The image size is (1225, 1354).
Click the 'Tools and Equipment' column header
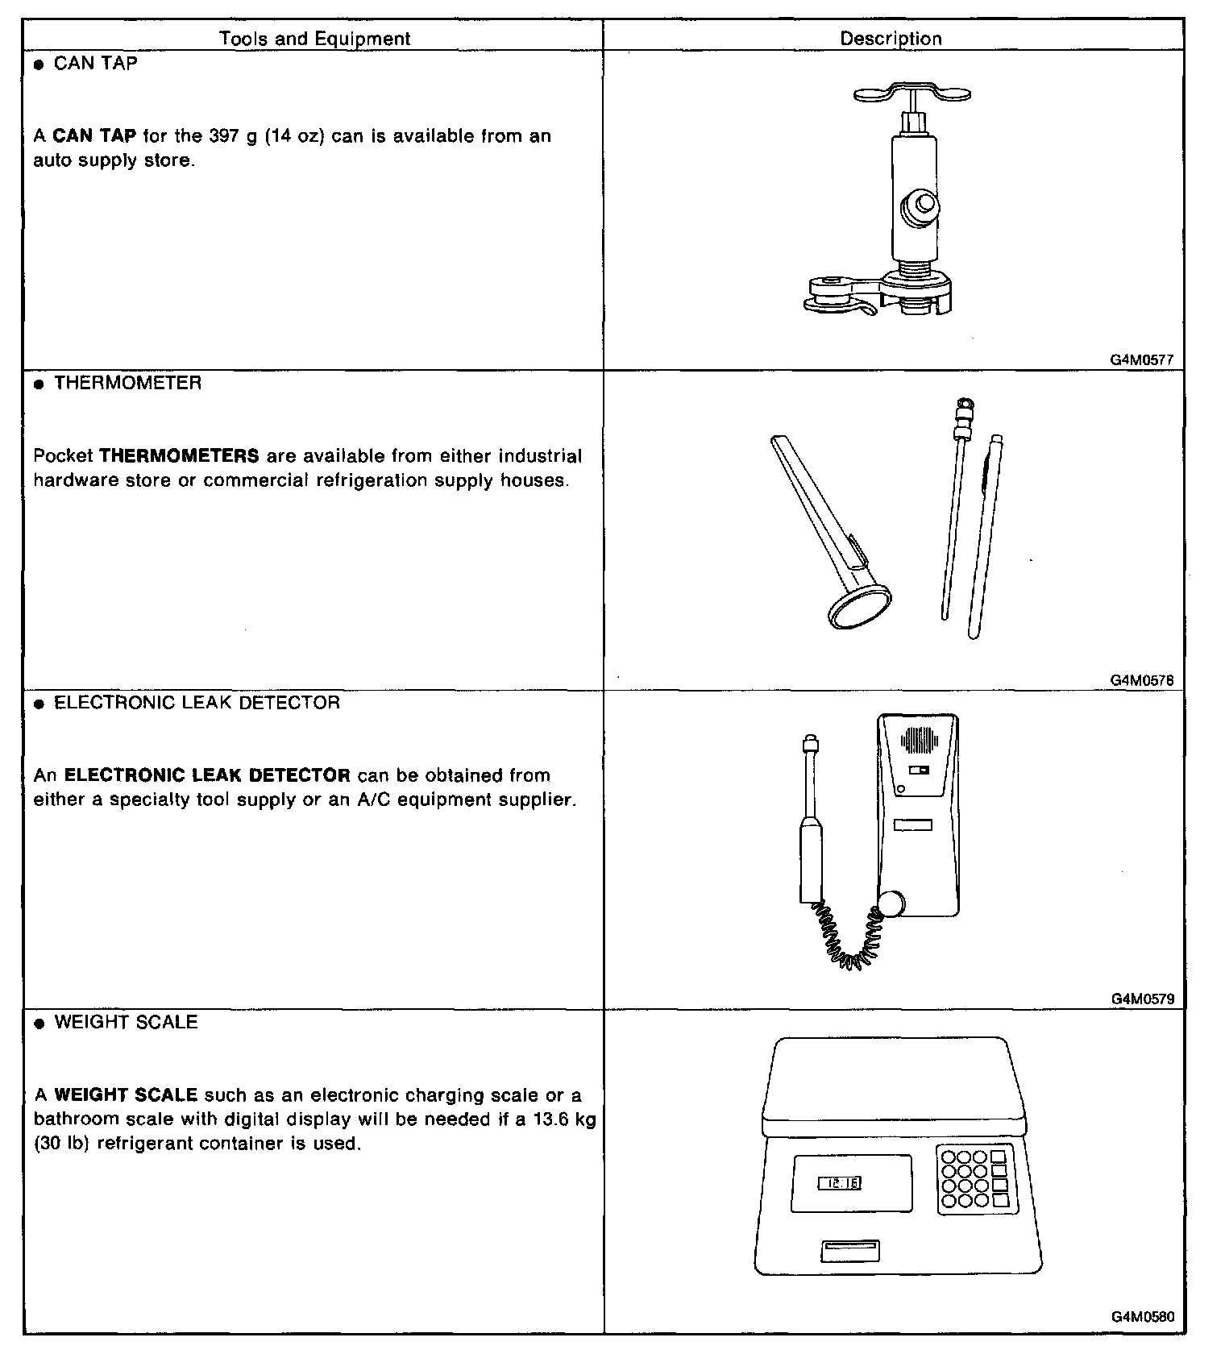[314, 39]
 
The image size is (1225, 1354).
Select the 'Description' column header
[891, 39]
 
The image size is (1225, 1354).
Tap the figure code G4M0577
[1142, 360]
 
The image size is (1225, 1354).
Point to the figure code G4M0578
[1142, 680]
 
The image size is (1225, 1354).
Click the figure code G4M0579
[1142, 999]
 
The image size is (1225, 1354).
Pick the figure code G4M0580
[1142, 1318]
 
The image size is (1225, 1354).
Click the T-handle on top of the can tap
[911, 93]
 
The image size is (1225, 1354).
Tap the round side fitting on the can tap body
[920, 206]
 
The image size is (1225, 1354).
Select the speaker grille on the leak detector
[920, 740]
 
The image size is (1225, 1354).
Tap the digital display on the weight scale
[840, 1183]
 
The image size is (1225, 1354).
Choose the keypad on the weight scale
[974, 1178]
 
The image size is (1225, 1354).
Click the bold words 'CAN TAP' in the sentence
[94, 135]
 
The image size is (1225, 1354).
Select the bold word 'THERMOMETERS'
[179, 456]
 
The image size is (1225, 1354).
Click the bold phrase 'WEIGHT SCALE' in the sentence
[126, 1095]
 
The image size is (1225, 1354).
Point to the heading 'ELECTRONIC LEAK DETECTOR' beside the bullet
[197, 703]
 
